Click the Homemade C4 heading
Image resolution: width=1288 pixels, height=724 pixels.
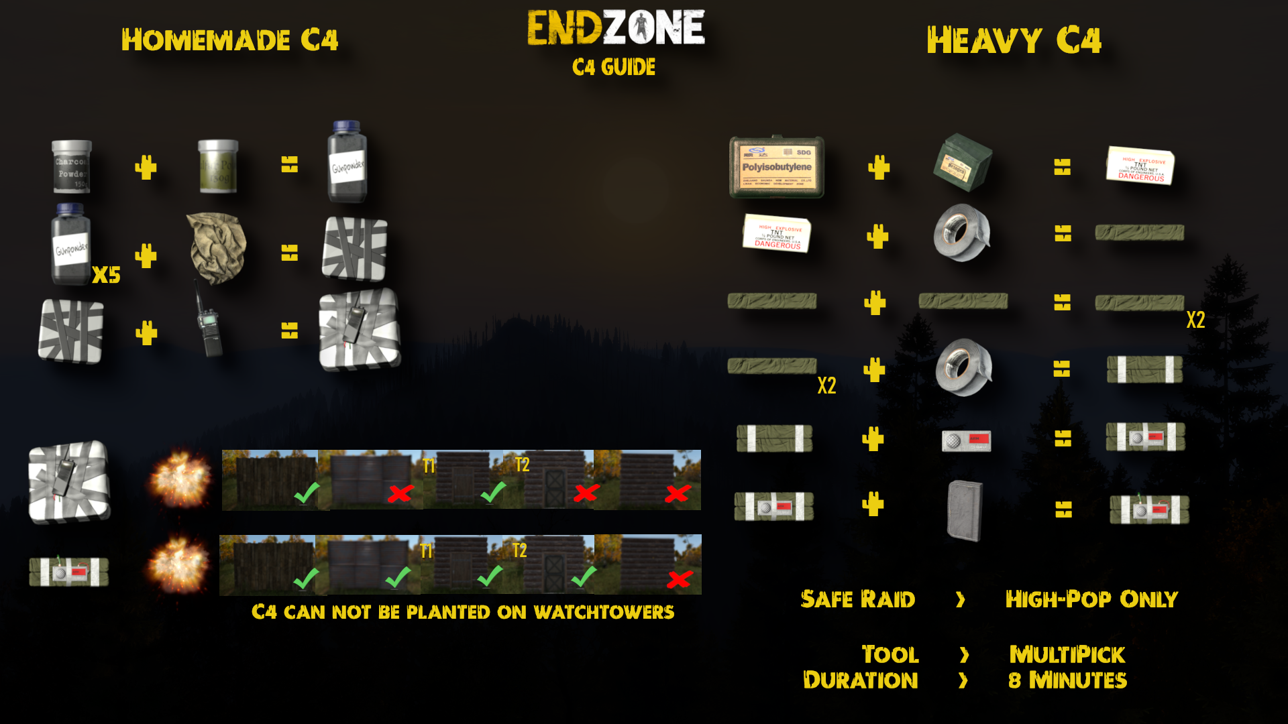coord(229,40)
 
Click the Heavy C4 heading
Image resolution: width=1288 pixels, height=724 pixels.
coord(1014,40)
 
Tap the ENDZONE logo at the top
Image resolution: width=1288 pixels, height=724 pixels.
coord(616,27)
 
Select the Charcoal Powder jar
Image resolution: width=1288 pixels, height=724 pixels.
coord(72,166)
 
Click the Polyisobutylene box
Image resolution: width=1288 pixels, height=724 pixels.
coord(777,167)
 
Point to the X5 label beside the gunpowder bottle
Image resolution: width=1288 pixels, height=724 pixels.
coord(106,275)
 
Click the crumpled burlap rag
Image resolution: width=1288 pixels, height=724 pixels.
coord(217,247)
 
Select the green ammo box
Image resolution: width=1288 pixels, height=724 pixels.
coord(963,162)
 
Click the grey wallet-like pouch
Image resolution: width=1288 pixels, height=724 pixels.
coord(965,509)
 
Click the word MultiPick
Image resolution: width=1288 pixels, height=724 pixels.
coord(1067,654)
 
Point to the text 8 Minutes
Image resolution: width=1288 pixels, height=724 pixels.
coord(1067,680)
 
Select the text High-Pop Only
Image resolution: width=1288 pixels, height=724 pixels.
coord(1091,599)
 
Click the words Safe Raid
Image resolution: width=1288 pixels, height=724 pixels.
coord(857,599)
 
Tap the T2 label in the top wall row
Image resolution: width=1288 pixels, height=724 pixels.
coord(522,464)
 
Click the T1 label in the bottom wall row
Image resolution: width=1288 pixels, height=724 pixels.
coord(426,551)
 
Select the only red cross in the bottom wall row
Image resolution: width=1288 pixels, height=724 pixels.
coord(679,579)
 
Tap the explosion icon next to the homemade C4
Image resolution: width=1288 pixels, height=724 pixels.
coord(180,479)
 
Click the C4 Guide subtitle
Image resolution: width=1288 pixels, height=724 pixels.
coord(614,67)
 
